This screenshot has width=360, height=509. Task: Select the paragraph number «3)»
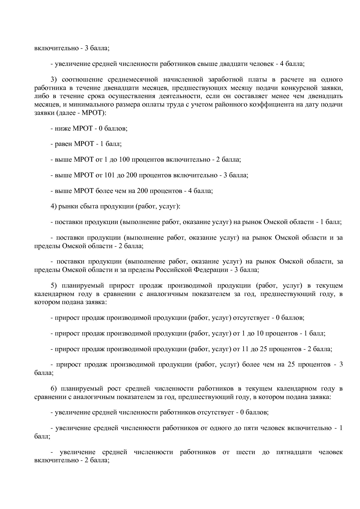[x=55, y=80]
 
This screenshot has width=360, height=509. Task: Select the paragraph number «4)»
[x=54, y=206]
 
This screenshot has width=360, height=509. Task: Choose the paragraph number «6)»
[x=55, y=389]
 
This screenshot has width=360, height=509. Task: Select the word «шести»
[x=246, y=452]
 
